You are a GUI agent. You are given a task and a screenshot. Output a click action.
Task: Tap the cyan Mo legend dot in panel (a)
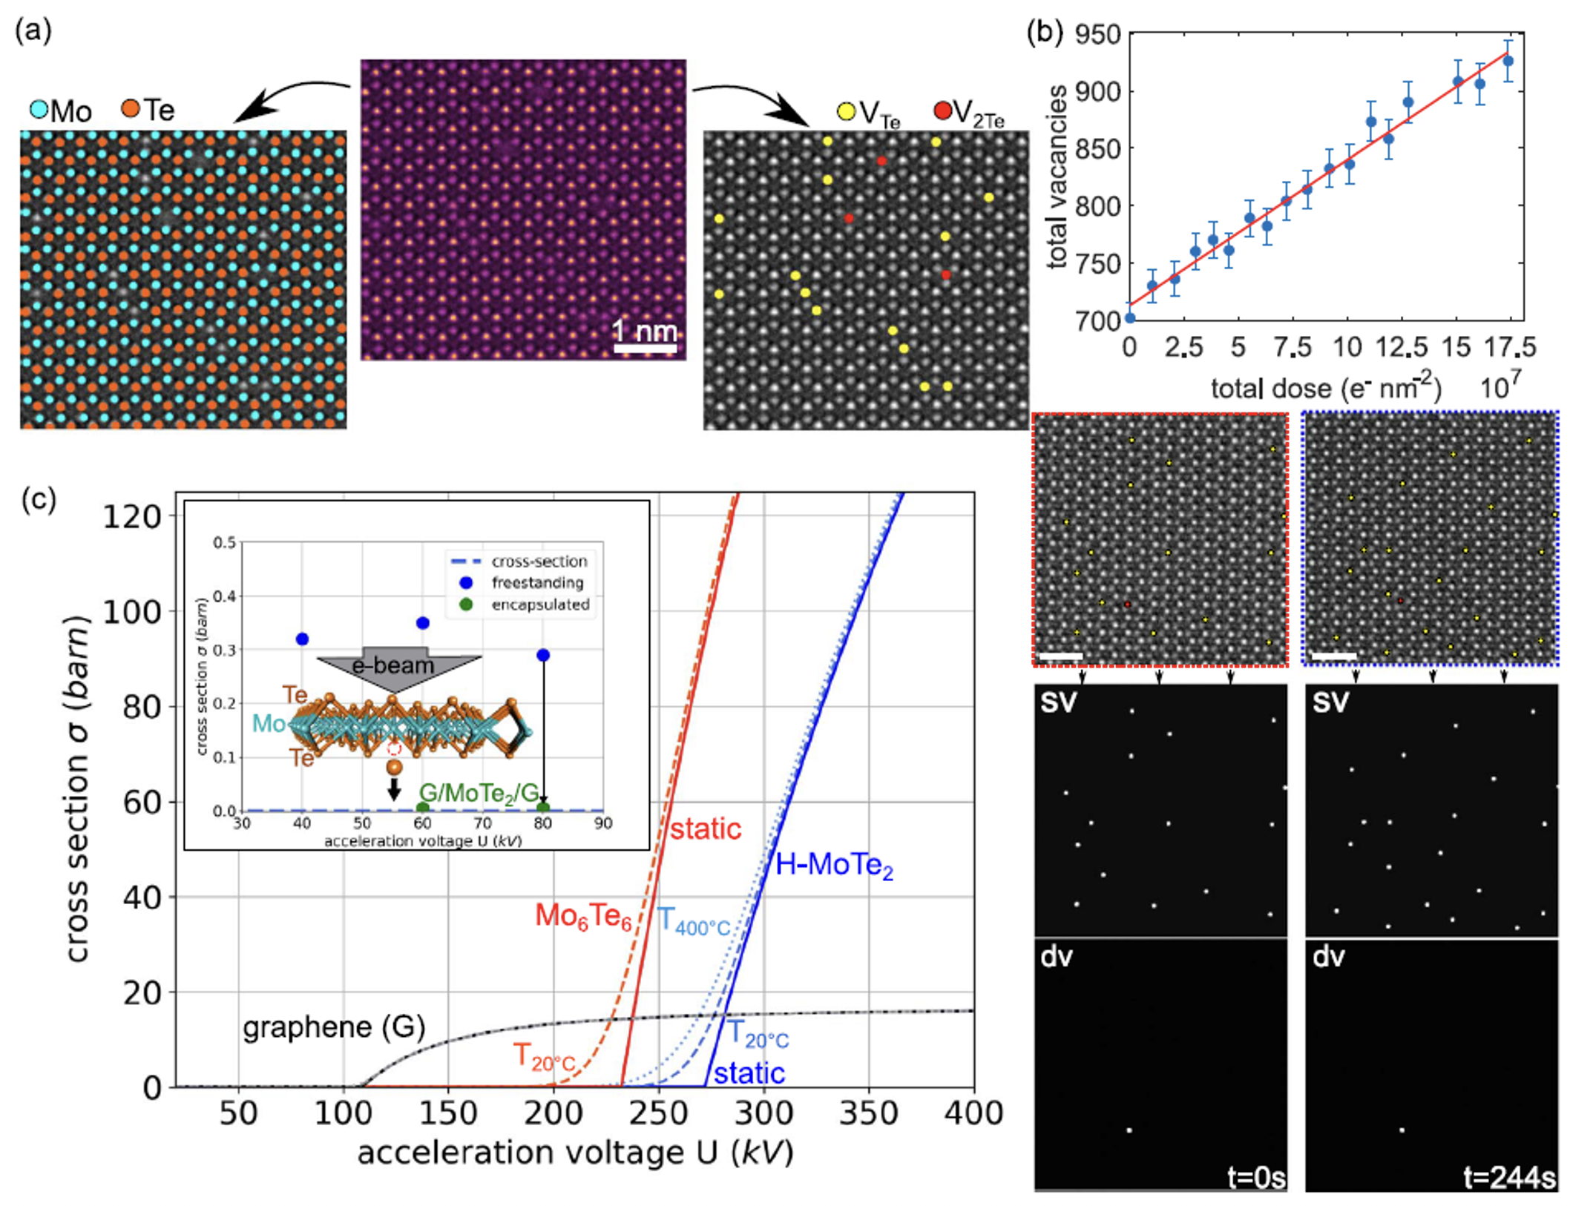tap(39, 110)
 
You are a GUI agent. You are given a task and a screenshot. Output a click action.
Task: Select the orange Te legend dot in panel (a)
tap(130, 109)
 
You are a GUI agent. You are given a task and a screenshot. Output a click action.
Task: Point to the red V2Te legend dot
tap(942, 111)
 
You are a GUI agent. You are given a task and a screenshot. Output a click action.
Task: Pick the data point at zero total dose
tap(1129, 318)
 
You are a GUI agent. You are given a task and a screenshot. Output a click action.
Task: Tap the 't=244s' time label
tap(1509, 1177)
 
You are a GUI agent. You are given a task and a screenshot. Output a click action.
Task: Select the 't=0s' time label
tap(1256, 1177)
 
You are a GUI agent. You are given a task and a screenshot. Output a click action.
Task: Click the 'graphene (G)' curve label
tap(334, 1027)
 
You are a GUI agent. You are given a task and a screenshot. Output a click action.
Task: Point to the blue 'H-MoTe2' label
tap(834, 865)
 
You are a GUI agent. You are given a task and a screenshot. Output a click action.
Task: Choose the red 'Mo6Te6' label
tap(583, 917)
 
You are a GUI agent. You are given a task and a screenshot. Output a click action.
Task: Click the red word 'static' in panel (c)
tap(706, 828)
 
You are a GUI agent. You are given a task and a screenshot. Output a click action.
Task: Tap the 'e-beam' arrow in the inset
tap(393, 666)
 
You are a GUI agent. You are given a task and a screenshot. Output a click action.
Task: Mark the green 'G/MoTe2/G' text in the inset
tap(479, 793)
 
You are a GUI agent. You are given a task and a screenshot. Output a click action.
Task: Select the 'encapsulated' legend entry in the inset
tap(540, 604)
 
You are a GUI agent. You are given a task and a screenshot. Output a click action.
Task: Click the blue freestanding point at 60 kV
tap(423, 623)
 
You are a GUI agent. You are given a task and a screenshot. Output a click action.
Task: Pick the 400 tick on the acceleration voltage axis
tap(974, 1113)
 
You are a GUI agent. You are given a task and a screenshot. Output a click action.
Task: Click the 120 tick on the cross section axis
tap(132, 516)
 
